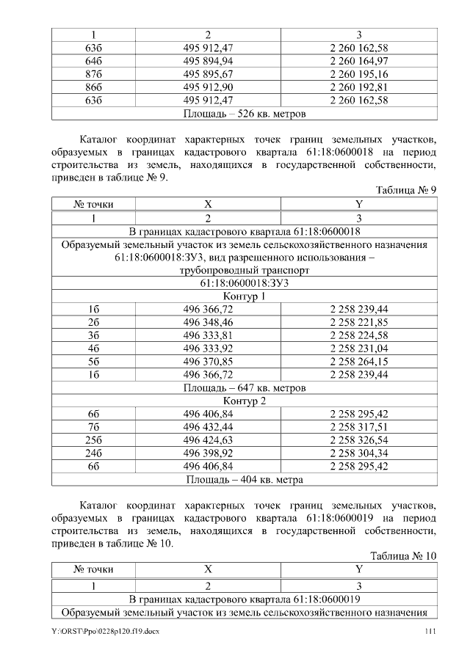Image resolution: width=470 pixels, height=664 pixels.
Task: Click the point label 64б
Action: tap(93, 61)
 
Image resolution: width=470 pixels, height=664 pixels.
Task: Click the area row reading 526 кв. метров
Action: tap(245, 114)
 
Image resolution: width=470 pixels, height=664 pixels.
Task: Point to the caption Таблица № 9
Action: tap(406, 190)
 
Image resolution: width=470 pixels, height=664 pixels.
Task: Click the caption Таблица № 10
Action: tap(404, 555)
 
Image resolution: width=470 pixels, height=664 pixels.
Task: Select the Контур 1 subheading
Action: tap(245, 296)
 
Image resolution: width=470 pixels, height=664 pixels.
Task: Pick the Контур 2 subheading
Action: tap(245, 401)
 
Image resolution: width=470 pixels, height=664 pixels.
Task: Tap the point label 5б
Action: tap(93, 362)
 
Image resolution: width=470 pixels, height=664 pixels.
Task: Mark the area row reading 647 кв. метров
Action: tap(245, 387)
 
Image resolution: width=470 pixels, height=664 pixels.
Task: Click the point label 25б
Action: tap(93, 440)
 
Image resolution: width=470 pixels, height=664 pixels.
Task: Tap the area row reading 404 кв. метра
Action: tap(245, 480)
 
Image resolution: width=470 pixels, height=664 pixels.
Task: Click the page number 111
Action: tap(432, 632)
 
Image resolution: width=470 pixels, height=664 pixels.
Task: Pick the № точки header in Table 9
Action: tap(93, 204)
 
